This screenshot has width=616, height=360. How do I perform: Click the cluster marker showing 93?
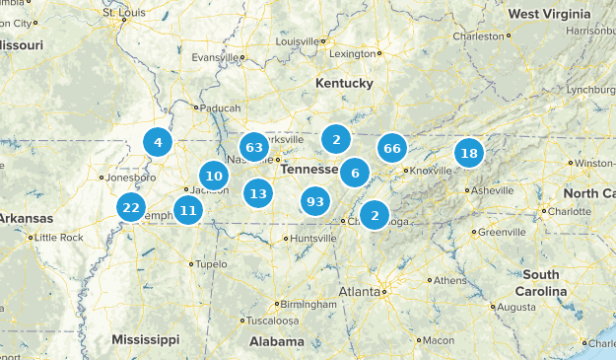(x=315, y=201)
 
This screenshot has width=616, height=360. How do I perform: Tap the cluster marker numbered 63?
(x=254, y=149)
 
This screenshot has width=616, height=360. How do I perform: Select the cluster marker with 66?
(x=392, y=149)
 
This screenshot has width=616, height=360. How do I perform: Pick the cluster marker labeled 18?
(x=469, y=153)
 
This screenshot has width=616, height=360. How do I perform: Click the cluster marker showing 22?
(x=130, y=207)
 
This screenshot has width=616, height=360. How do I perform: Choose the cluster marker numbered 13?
(x=258, y=193)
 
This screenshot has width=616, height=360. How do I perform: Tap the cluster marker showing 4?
(x=158, y=142)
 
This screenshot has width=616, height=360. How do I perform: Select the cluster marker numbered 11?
(x=188, y=209)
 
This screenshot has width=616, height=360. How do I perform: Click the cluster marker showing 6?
(x=355, y=174)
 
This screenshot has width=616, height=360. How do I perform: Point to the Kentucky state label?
(x=344, y=84)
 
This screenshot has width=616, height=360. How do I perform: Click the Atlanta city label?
(x=359, y=292)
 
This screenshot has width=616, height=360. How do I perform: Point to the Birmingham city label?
(x=299, y=304)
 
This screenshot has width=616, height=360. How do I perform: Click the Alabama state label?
(x=276, y=341)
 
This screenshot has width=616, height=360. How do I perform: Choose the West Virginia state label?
(x=550, y=14)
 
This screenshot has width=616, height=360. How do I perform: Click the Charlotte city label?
(x=570, y=211)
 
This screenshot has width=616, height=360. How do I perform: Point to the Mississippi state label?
(x=145, y=339)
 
